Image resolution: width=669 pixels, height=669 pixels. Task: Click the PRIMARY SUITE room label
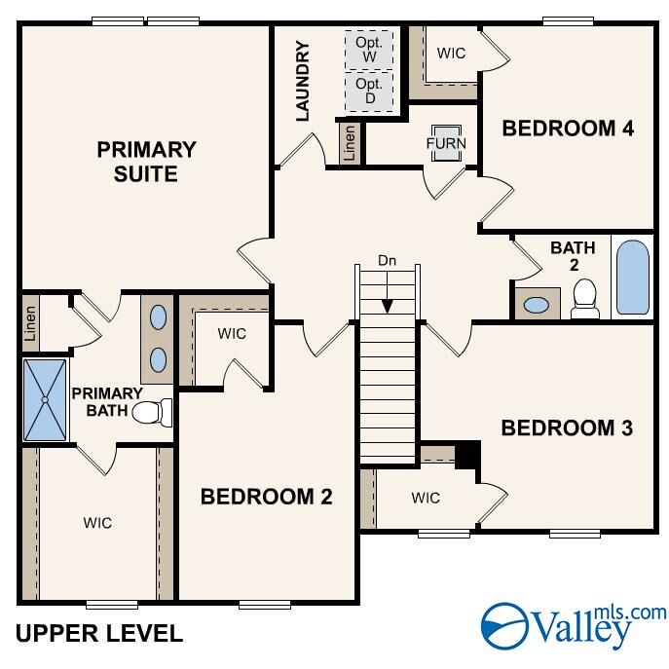pos(146,162)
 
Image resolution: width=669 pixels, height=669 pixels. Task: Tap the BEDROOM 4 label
pos(569,128)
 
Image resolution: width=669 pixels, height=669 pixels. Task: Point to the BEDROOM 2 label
pos(266,497)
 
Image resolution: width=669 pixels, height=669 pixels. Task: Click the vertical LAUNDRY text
pos(302,81)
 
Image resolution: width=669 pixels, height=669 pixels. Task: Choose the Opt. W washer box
pos(369,50)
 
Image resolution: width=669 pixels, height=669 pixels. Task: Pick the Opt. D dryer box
pos(369,92)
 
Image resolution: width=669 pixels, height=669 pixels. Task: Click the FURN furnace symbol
pos(447,143)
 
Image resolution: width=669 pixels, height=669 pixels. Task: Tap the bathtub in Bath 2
pos(632,277)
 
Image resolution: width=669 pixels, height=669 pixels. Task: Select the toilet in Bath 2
pos(585,299)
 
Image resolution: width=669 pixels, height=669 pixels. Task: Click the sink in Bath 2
pos(537,304)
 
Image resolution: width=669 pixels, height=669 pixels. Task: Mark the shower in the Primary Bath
pos(45,400)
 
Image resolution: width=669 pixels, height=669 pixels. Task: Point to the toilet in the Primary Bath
pos(151,413)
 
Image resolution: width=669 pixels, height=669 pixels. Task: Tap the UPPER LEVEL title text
pos(99,634)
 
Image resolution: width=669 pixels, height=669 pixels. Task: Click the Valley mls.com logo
pos(575,624)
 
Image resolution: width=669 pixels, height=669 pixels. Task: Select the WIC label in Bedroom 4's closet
pos(451,54)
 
